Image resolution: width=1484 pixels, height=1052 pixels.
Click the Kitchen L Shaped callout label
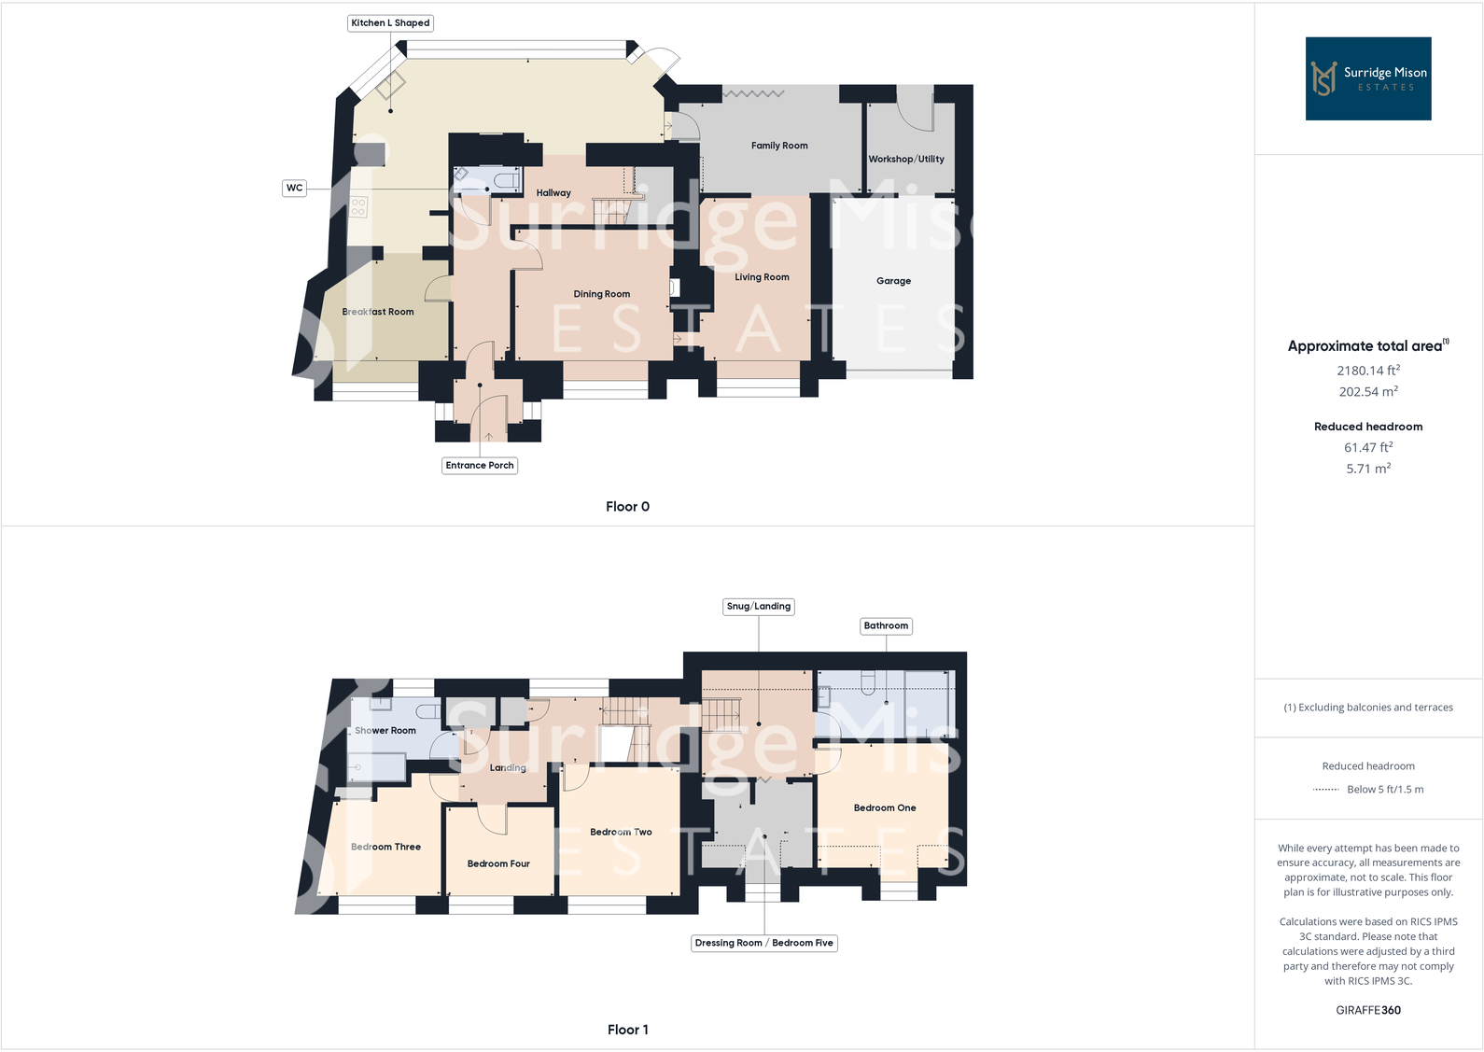pyautogui.click(x=390, y=23)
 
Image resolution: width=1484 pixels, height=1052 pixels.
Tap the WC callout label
pyautogui.click(x=294, y=189)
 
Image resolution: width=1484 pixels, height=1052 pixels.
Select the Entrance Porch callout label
pyautogui.click(x=479, y=466)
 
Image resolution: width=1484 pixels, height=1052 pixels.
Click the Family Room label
pyautogui.click(x=779, y=146)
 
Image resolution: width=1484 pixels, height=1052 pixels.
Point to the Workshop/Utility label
pyautogui.click(x=905, y=160)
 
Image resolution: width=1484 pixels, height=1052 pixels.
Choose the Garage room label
pyautogui.click(x=893, y=281)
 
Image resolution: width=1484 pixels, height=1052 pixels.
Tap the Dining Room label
pyautogui.click(x=601, y=294)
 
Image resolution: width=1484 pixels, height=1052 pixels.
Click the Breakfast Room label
pyautogui.click(x=378, y=312)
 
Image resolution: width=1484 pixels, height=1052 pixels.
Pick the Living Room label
pyautogui.click(x=762, y=277)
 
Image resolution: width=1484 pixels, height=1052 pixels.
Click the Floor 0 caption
pyautogui.click(x=627, y=507)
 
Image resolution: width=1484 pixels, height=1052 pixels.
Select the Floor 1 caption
pyautogui.click(x=627, y=1030)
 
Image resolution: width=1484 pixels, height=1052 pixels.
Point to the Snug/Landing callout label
pyautogui.click(x=758, y=607)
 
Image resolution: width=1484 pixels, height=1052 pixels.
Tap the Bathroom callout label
pyautogui.click(x=886, y=626)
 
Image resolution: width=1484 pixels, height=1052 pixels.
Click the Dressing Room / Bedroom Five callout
pyautogui.click(x=763, y=944)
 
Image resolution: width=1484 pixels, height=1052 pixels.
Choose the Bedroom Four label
pyautogui.click(x=498, y=864)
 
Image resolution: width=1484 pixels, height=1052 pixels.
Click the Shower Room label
pyautogui.click(x=385, y=731)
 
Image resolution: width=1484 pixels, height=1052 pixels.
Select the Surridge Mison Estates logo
pyautogui.click(x=1367, y=78)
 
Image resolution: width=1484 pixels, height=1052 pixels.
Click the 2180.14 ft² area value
pyautogui.click(x=1367, y=371)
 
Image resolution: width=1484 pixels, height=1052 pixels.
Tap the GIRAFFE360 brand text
pyautogui.click(x=1367, y=1010)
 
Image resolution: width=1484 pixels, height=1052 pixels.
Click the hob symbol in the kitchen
pyautogui.click(x=358, y=207)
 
